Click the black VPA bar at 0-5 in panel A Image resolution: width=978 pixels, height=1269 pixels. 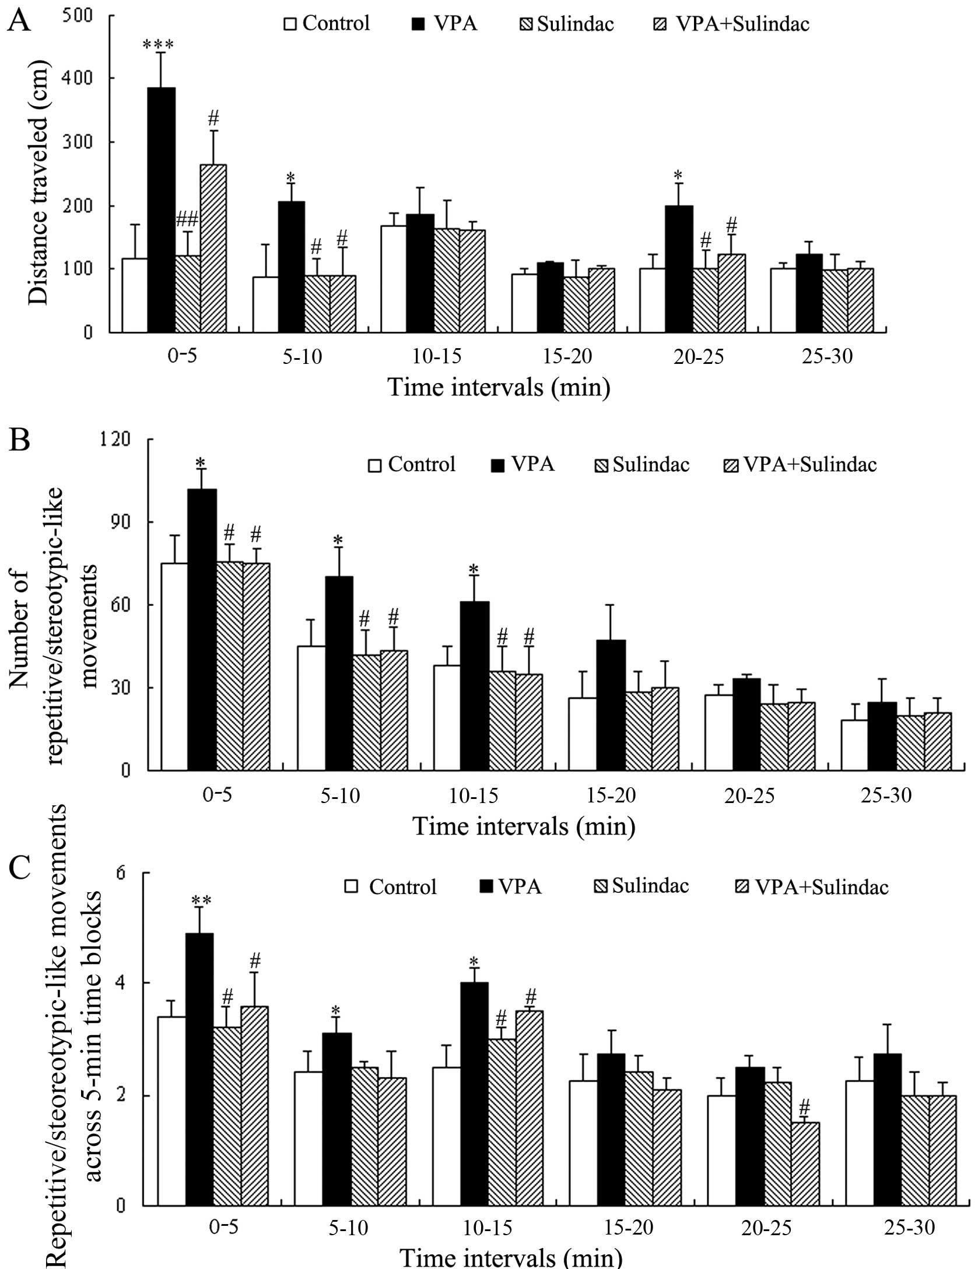[x=161, y=210]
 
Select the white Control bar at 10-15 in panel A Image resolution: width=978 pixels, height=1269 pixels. [x=394, y=279]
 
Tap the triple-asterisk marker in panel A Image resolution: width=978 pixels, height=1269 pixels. [x=157, y=45]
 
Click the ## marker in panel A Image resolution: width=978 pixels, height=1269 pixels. [x=187, y=219]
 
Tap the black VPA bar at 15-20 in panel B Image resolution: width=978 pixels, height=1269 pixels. [x=611, y=705]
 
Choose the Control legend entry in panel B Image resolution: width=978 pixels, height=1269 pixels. [x=412, y=464]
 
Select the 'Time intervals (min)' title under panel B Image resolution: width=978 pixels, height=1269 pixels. [x=524, y=826]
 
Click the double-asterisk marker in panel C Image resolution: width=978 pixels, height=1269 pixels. [x=201, y=900]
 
